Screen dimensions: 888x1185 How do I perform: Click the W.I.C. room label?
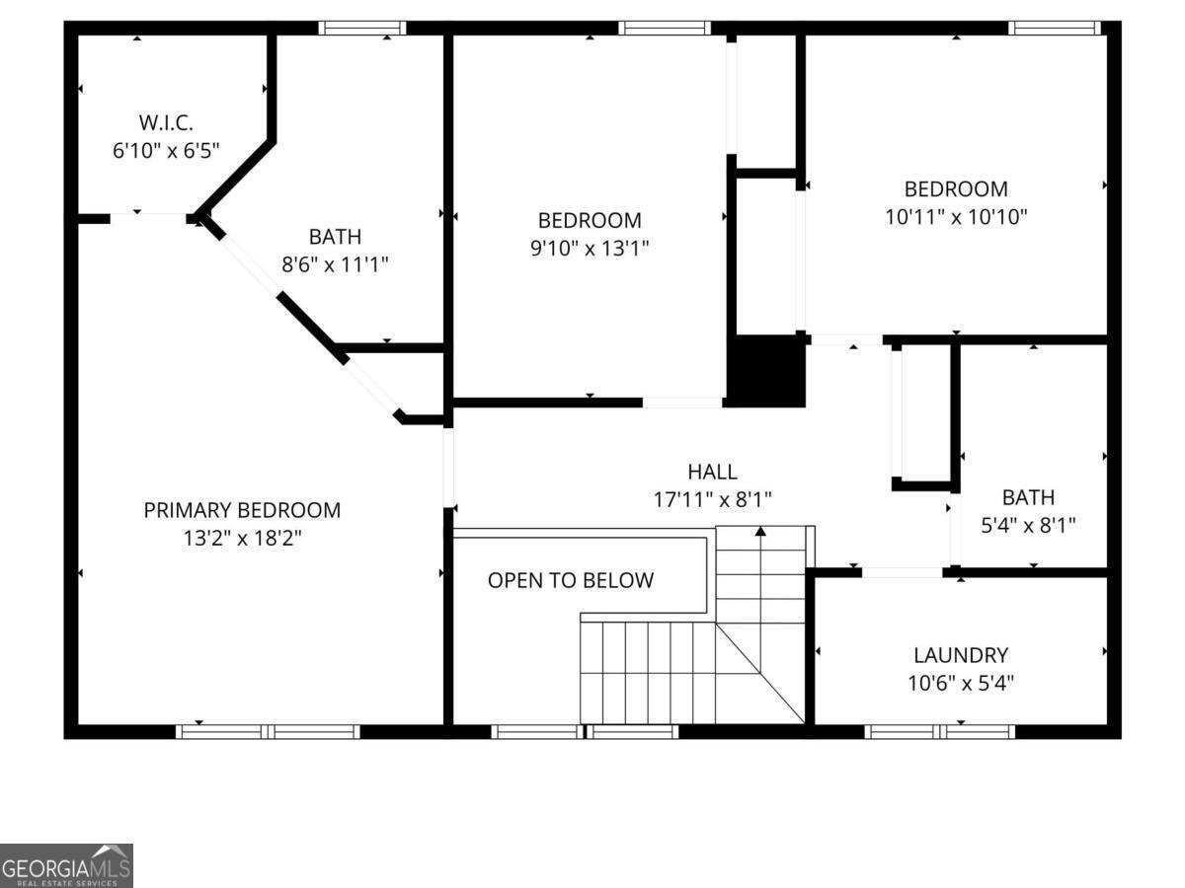[x=166, y=123]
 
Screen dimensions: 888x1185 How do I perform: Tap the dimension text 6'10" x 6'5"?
[x=166, y=151]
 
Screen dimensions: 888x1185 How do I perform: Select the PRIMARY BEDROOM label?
[x=242, y=510]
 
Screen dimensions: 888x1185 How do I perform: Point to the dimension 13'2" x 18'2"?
[x=242, y=539]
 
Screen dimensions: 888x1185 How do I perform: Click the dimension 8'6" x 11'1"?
[x=335, y=264]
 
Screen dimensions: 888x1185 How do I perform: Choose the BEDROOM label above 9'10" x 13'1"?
[x=590, y=220]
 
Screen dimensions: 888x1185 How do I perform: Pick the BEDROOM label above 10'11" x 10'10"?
[x=956, y=188]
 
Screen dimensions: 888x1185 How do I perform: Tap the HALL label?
[x=712, y=472]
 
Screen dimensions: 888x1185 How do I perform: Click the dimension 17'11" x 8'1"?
[x=712, y=499]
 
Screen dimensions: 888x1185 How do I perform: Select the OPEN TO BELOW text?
[x=571, y=580]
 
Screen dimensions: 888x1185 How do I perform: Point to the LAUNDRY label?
[x=960, y=655]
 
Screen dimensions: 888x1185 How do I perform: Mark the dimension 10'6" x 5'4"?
[x=960, y=682]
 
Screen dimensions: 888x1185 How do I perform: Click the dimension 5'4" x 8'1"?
[x=1028, y=525]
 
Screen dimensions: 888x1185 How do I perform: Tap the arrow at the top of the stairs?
[x=760, y=533]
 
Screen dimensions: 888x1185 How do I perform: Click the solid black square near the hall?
[x=766, y=370]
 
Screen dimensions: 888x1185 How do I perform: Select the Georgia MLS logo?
[x=66, y=865]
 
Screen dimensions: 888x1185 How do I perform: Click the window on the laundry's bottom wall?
[x=939, y=731]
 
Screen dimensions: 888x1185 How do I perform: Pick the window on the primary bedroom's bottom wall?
[x=268, y=731]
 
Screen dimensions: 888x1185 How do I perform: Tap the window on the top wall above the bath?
[x=362, y=28]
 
